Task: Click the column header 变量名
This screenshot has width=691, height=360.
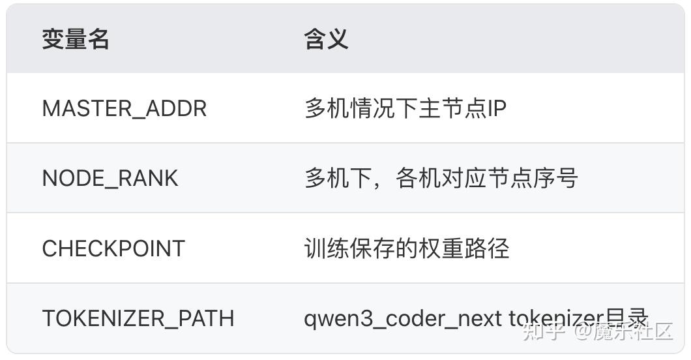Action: pyautogui.click(x=76, y=40)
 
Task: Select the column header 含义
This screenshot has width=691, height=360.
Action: pyautogui.click(x=326, y=40)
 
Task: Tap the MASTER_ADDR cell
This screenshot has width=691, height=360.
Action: pyautogui.click(x=124, y=108)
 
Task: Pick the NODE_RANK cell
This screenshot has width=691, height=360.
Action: pyautogui.click(x=110, y=178)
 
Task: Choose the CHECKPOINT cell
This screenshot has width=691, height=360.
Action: pyautogui.click(x=113, y=248)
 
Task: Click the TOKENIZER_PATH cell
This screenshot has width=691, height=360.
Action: pyautogui.click(x=138, y=318)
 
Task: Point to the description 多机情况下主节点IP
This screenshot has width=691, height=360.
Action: pyautogui.click(x=405, y=108)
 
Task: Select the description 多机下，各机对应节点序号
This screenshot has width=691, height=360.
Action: pyautogui.click(x=441, y=178)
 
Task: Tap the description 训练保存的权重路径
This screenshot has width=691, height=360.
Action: pyautogui.click(x=406, y=248)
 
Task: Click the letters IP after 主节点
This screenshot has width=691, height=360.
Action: pyautogui.click(x=497, y=108)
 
